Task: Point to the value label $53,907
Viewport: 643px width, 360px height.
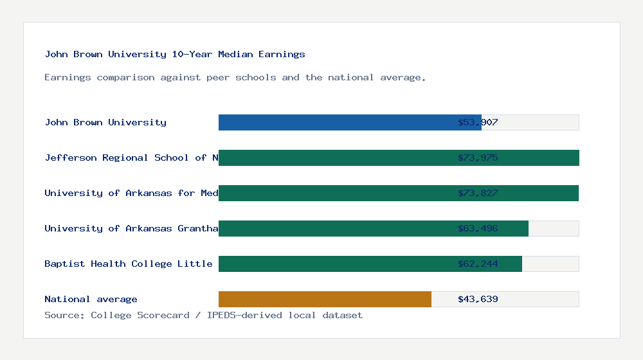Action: tap(478, 122)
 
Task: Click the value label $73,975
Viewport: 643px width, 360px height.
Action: tap(478, 157)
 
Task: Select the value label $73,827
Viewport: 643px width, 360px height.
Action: tap(478, 193)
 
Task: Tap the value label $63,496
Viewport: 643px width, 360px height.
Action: tap(478, 228)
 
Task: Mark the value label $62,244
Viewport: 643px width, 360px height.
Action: tap(478, 264)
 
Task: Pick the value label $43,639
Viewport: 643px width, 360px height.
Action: tap(478, 299)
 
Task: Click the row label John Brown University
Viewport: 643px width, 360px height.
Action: tap(105, 122)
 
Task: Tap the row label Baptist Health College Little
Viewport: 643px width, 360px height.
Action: tap(129, 264)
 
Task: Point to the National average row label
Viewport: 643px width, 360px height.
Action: tap(91, 299)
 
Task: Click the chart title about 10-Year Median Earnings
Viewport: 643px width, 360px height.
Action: tap(175, 54)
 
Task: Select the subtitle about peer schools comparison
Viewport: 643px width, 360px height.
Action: tap(235, 77)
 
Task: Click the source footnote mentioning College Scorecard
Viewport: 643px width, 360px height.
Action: tap(203, 315)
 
